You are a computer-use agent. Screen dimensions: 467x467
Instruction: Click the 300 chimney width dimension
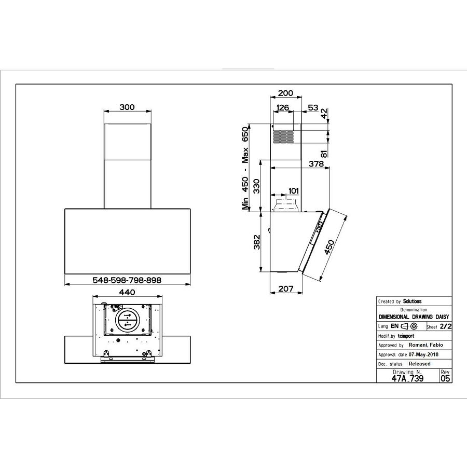[127, 107]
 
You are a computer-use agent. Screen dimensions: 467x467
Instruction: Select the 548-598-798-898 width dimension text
[127, 280]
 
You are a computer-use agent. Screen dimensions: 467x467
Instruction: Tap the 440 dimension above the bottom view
[127, 293]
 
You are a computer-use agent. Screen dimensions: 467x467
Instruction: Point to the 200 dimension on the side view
[285, 93]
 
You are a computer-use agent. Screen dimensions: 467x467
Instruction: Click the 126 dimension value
[283, 108]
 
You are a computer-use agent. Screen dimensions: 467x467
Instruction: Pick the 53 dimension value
[313, 108]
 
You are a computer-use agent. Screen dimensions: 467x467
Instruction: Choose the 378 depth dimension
[317, 164]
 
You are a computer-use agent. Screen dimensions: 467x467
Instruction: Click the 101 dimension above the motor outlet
[293, 191]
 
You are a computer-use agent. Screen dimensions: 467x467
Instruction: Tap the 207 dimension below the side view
[285, 289]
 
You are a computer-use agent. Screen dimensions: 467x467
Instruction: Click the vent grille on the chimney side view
[283, 136]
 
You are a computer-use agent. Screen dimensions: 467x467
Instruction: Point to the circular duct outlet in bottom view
[126, 322]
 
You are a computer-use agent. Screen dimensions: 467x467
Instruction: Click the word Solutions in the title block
[413, 301]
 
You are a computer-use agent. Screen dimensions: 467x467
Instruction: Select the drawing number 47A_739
[407, 378]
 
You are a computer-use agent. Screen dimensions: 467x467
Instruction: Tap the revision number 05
[445, 378]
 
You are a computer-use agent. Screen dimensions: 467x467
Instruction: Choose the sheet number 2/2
[445, 327]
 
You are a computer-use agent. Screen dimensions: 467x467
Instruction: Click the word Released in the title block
[419, 364]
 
